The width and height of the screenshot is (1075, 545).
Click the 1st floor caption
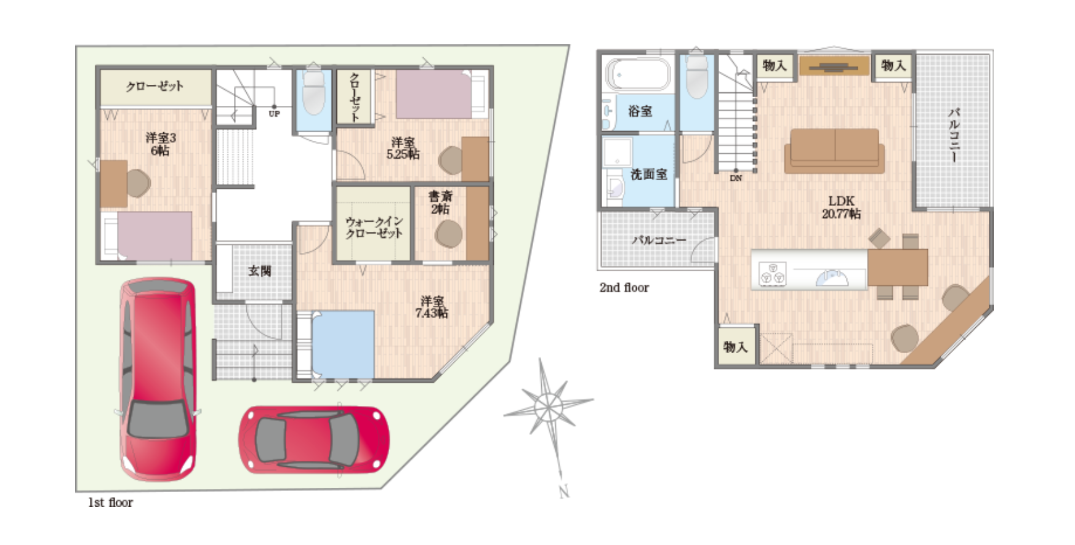(110, 503)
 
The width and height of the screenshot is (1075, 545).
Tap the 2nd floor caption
(624, 287)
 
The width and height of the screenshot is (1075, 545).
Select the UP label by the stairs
(274, 114)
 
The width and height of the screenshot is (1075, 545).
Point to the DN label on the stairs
(736, 178)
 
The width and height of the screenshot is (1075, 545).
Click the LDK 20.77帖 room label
(841, 207)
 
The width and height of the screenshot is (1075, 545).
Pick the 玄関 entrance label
(259, 271)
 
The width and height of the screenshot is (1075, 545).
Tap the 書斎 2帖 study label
(440, 202)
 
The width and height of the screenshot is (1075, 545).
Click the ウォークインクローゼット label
(374, 227)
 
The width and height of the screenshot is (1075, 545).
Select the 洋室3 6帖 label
(161, 144)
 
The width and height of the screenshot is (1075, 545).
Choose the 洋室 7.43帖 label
(432, 307)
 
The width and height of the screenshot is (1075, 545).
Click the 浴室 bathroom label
(640, 111)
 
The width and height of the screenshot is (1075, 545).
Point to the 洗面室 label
(649, 175)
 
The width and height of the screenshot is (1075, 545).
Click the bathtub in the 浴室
(638, 74)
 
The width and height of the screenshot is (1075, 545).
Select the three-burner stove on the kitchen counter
(773, 273)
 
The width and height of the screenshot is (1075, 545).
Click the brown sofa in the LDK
(834, 151)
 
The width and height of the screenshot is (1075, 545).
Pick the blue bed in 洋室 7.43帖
(342, 344)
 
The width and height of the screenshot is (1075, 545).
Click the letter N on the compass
(564, 491)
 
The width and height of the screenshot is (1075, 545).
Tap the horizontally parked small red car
(314, 439)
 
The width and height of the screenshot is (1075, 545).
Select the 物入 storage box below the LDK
(736, 347)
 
